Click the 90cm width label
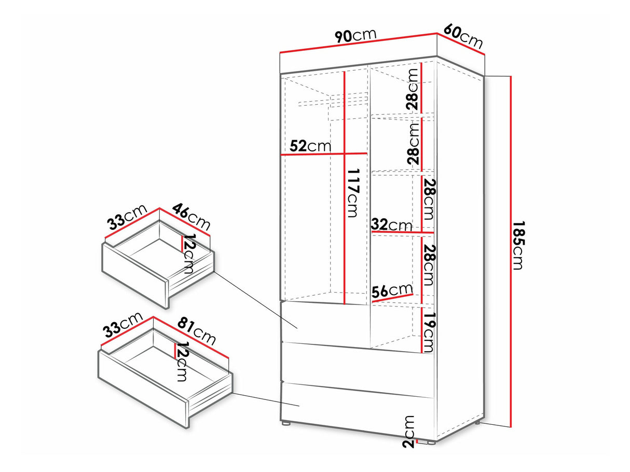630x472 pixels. click(x=355, y=36)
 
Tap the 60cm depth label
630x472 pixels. click(x=463, y=37)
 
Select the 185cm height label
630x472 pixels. click(x=518, y=245)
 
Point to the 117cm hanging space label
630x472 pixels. click(x=353, y=193)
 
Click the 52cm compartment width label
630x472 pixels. click(x=310, y=146)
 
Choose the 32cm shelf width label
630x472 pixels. click(x=391, y=225)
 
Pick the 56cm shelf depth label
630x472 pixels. click(x=392, y=291)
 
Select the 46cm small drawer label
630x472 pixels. click(x=191, y=216)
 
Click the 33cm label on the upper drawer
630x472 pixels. click(x=127, y=217)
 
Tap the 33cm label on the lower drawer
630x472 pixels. click(x=124, y=325)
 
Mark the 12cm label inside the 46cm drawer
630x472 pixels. click(x=189, y=254)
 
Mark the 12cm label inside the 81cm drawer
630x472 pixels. click(x=182, y=362)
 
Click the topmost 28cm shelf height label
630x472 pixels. click(x=413, y=89)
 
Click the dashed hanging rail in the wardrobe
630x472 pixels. click(x=333, y=102)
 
